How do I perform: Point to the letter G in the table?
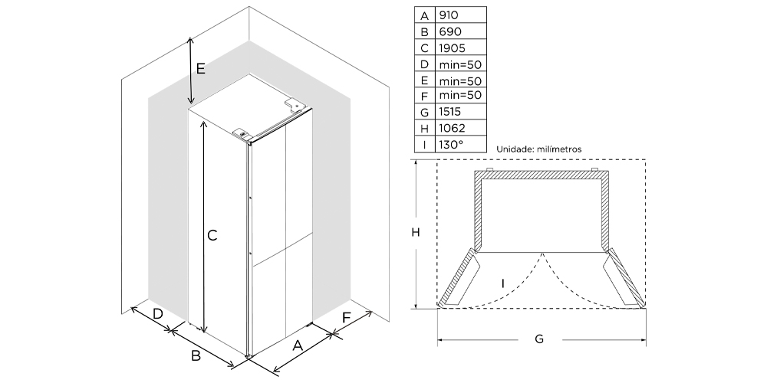pyautogui.click(x=423, y=112)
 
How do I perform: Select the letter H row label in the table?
pyautogui.click(x=423, y=128)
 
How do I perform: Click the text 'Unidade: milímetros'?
pyautogui.click(x=539, y=149)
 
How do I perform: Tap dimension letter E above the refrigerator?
pyautogui.click(x=200, y=69)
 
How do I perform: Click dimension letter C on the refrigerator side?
pyautogui.click(x=212, y=236)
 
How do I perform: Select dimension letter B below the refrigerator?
pyautogui.click(x=196, y=355)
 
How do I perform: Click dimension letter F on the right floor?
pyautogui.click(x=347, y=317)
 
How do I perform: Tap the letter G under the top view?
pyautogui.click(x=539, y=339)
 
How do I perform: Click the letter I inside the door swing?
pyautogui.click(x=502, y=283)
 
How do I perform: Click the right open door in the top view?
pyautogui.click(x=623, y=279)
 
